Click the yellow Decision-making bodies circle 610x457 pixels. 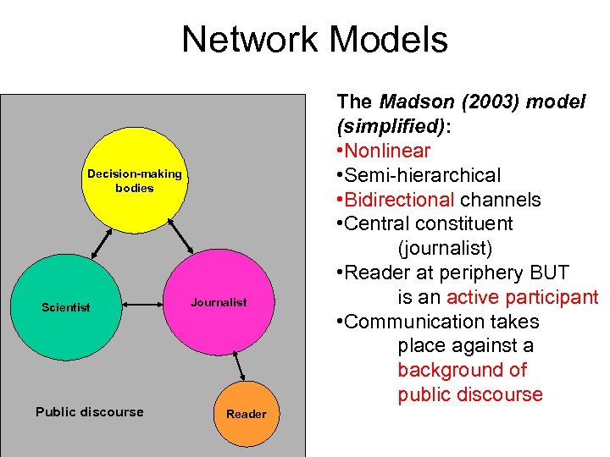pyautogui.click(x=134, y=181)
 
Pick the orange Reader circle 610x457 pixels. pyautogui.click(x=246, y=414)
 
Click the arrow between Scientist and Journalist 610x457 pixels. pyautogui.click(x=143, y=303)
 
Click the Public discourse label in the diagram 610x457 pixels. pyautogui.click(x=90, y=412)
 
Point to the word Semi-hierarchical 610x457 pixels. pyautogui.click(x=424, y=176)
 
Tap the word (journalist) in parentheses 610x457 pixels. pyautogui.click(x=445, y=249)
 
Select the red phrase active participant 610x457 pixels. pyautogui.click(x=522, y=298)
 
